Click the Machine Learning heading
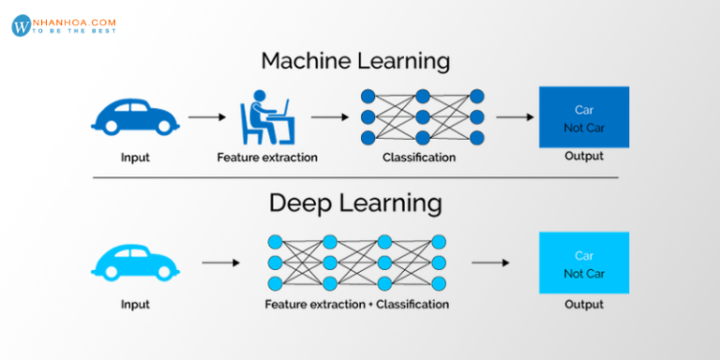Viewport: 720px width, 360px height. [355, 62]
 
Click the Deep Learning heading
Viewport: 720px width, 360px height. [355, 202]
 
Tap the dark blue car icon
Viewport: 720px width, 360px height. [135, 117]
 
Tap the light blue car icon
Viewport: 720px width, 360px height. [135, 262]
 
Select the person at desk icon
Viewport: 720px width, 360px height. [265, 116]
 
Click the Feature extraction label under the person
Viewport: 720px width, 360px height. [267, 157]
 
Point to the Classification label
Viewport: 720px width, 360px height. [419, 157]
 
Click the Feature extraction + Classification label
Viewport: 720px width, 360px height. [356, 304]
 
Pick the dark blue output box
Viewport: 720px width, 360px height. [583, 117]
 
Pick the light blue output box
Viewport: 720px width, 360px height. [583, 262]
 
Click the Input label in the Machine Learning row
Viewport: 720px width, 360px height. [135, 157]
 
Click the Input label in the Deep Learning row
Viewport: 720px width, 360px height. [135, 304]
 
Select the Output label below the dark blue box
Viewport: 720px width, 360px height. [583, 157]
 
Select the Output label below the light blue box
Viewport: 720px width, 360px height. [583, 304]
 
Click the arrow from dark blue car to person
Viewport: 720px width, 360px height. [207, 117]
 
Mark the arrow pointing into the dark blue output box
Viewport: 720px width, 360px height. [514, 117]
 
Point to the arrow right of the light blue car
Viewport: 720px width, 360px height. [220, 263]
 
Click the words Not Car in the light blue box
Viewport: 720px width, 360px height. [583, 273]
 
